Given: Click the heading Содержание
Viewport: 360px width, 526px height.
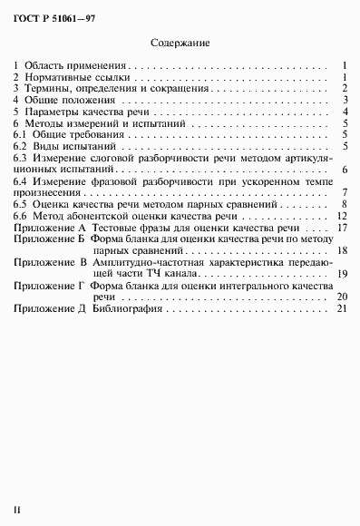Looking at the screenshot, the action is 180,42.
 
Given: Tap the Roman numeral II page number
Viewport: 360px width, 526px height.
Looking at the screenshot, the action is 17,513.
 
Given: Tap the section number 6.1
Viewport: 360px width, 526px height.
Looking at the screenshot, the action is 22,133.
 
